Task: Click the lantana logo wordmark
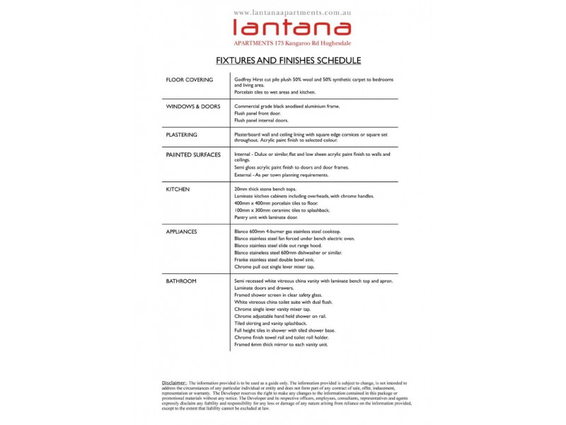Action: [x=291, y=28]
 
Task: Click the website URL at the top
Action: [x=291, y=13]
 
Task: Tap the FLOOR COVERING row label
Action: [x=189, y=80]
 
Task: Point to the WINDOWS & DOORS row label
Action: [x=193, y=106]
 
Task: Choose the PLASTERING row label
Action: [x=182, y=134]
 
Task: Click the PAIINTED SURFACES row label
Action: [x=193, y=154]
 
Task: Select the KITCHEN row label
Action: [x=178, y=190]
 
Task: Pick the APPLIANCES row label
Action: [x=182, y=232]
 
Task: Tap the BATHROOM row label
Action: [x=181, y=281]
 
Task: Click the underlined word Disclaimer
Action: [x=178, y=382]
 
